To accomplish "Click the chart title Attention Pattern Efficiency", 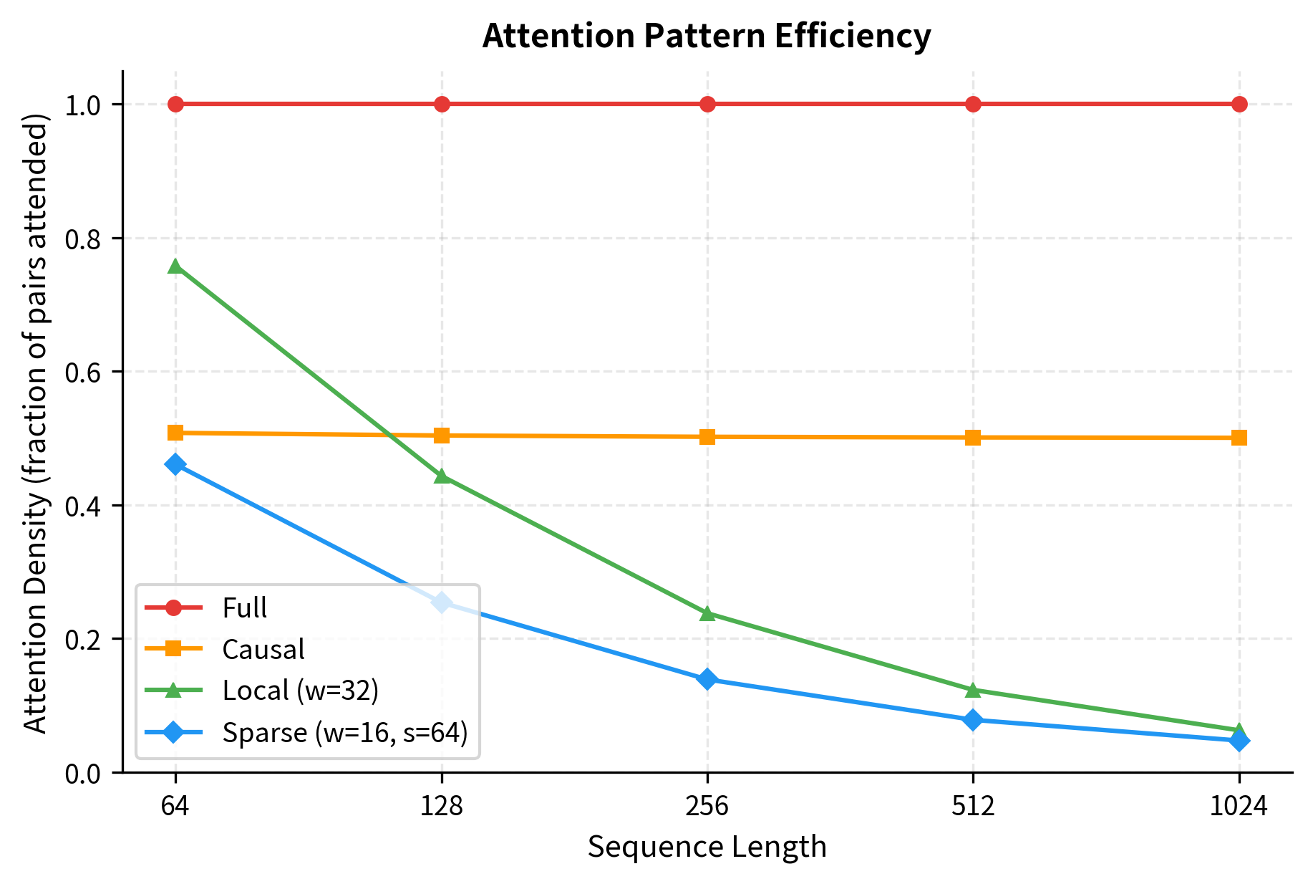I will click(706, 36).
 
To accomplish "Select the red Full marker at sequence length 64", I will click(175, 104).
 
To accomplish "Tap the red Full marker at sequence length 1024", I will click(1239, 104).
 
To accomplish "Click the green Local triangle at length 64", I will click(175, 266).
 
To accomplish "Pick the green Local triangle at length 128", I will click(442, 476).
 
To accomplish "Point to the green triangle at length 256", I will click(707, 614).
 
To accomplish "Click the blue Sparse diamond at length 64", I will click(175, 464).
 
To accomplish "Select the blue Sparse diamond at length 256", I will click(707, 679).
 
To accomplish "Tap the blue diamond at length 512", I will click(973, 720).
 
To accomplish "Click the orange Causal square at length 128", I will click(442, 435).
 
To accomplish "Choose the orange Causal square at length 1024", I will click(1239, 438).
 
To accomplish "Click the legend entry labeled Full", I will click(244, 608).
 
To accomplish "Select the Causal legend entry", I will click(263, 649).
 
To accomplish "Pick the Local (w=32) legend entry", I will click(300, 691).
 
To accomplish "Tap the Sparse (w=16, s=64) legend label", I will click(344, 732).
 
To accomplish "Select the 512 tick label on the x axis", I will click(973, 807).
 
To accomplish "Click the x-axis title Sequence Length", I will click(707, 847).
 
